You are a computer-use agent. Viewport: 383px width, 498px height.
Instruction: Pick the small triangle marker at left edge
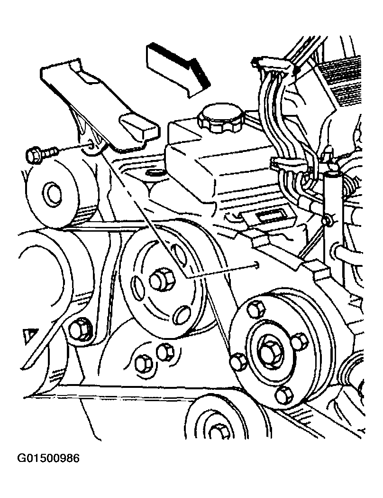click(x=31, y=336)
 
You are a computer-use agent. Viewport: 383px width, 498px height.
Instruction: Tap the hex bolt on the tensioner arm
click(x=81, y=330)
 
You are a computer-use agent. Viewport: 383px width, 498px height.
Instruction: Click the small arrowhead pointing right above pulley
click(x=257, y=265)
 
